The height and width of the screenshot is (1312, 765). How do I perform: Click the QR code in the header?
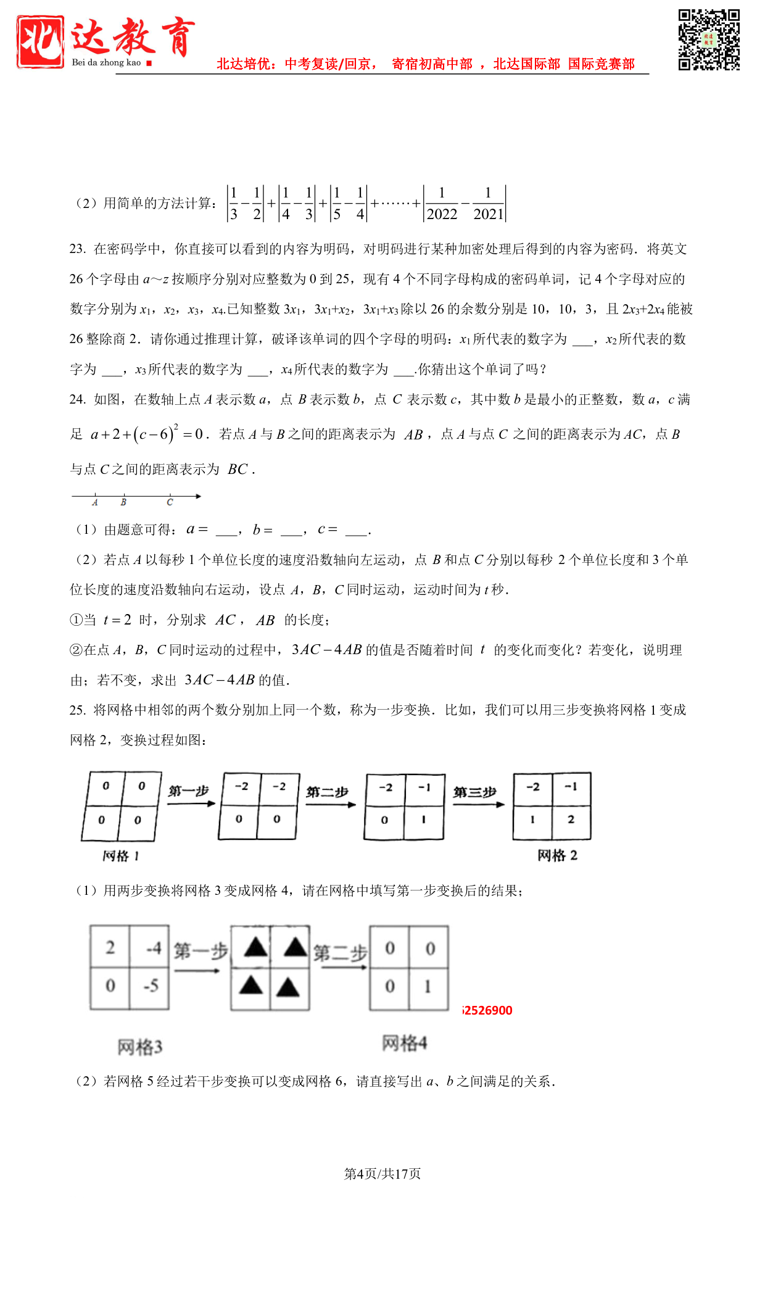click(x=709, y=39)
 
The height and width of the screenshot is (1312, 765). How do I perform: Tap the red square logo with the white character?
click(x=41, y=41)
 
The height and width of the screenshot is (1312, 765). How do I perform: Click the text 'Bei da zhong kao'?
click(x=106, y=62)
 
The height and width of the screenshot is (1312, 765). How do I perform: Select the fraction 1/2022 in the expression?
click(x=442, y=204)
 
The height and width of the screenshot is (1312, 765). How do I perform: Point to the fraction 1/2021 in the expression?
click(x=488, y=204)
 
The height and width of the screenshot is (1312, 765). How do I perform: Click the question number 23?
click(x=77, y=249)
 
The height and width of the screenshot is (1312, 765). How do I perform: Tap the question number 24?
click(x=77, y=399)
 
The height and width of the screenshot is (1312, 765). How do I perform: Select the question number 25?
click(x=77, y=710)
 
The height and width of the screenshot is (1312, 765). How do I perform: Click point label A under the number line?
click(x=95, y=503)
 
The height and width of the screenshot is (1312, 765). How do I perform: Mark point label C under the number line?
click(x=170, y=503)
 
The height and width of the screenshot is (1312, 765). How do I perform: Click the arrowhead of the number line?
click(x=198, y=496)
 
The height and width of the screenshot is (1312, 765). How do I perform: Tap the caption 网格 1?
click(x=120, y=856)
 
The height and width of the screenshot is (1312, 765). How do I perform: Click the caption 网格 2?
click(x=557, y=855)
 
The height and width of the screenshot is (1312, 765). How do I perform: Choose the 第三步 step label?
click(x=474, y=792)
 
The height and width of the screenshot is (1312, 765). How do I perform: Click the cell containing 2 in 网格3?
click(x=110, y=947)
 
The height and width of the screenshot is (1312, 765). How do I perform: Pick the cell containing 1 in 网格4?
click(x=429, y=987)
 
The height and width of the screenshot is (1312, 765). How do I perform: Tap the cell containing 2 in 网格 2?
click(x=571, y=820)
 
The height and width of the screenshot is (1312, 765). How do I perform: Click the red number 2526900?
click(x=487, y=1010)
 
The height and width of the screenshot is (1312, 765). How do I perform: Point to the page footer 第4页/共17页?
click(x=382, y=1174)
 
